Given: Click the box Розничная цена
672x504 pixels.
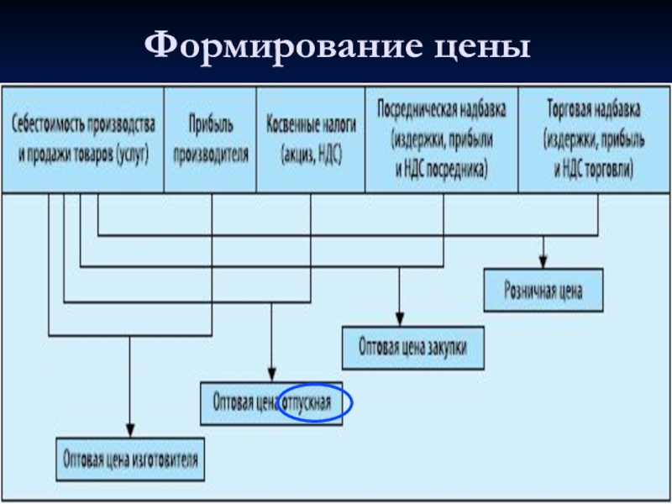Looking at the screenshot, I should coord(543,291).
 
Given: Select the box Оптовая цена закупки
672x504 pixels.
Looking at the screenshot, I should coord(412,347).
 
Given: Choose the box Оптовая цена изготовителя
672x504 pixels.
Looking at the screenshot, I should coord(130,459).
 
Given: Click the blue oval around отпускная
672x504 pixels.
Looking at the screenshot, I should coord(317,403).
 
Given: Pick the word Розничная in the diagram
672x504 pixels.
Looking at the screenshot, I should coord(528,291).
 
